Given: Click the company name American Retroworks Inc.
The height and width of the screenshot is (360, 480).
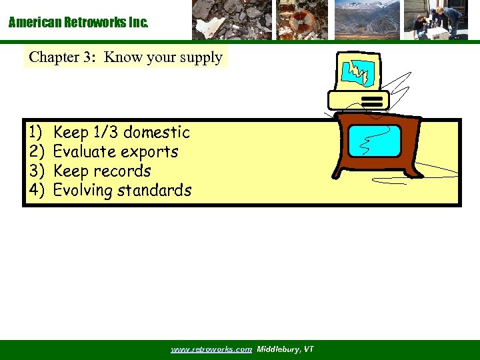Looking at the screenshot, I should click(x=79, y=23).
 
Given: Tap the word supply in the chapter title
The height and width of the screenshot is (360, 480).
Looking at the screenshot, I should click(x=201, y=58).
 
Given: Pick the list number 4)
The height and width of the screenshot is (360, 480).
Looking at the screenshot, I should click(x=36, y=191).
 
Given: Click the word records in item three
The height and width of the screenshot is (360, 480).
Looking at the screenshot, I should click(x=123, y=171).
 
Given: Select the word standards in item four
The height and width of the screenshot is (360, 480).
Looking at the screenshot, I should click(x=154, y=191).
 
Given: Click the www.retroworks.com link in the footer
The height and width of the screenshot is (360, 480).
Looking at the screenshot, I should click(x=211, y=349).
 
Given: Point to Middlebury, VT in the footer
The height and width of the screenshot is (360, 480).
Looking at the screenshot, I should click(x=285, y=349).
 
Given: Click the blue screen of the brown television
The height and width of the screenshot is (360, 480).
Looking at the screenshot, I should click(x=375, y=141).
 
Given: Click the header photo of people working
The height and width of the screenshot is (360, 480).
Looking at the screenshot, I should click(x=437, y=20).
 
